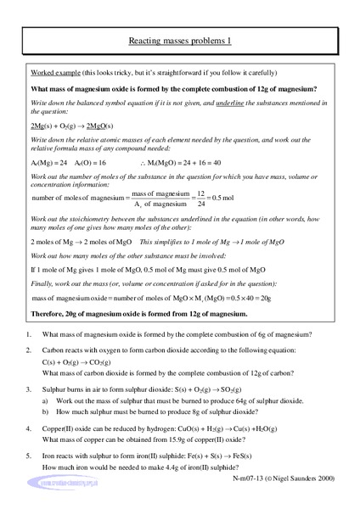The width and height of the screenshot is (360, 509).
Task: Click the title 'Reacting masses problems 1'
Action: pos(180,40)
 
